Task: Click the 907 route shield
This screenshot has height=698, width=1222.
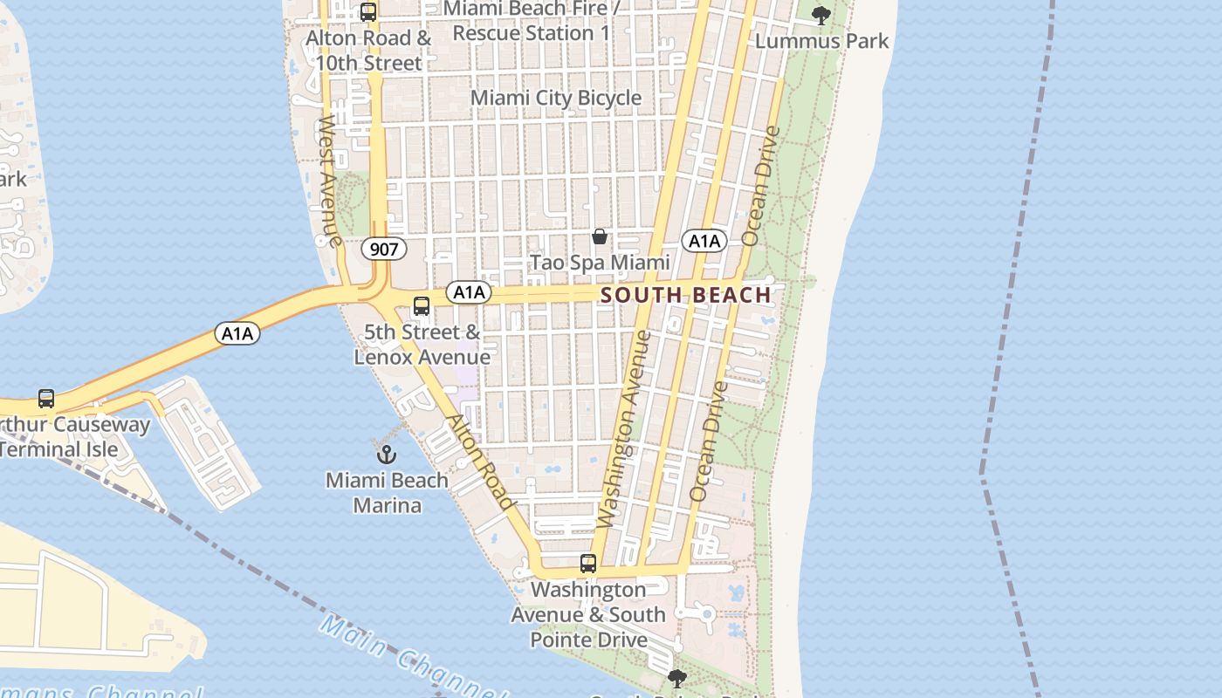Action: pyautogui.click(x=383, y=250)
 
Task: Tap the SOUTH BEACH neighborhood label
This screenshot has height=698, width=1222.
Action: pyautogui.click(x=686, y=295)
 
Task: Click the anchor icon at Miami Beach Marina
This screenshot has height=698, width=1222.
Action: pyautogui.click(x=387, y=454)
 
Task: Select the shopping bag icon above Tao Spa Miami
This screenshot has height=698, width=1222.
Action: pyautogui.click(x=600, y=236)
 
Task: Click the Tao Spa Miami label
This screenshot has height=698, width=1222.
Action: pyautogui.click(x=601, y=263)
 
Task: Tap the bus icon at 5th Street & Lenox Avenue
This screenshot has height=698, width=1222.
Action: pyautogui.click(x=422, y=306)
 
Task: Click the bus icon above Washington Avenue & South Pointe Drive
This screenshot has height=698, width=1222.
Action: pyautogui.click(x=588, y=564)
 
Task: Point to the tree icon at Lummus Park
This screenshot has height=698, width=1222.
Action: pyautogui.click(x=820, y=15)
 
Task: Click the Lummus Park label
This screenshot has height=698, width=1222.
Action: pyautogui.click(x=821, y=41)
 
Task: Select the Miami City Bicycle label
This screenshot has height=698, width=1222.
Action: pyautogui.click(x=556, y=98)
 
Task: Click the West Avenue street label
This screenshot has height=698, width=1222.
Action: pyautogui.click(x=329, y=180)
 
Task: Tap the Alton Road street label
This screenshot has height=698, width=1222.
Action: pyautogui.click(x=480, y=462)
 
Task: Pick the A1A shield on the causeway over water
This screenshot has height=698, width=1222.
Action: pyautogui.click(x=237, y=332)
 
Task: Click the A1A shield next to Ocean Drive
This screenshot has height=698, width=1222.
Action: pyautogui.click(x=704, y=242)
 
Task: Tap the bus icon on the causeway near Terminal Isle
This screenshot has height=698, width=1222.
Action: pyautogui.click(x=46, y=399)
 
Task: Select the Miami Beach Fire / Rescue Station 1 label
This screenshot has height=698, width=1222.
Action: pyautogui.click(x=532, y=21)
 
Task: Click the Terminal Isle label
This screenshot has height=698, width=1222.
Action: pyautogui.click(x=58, y=449)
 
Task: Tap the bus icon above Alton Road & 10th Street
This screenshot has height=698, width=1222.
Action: pyautogui.click(x=368, y=12)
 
